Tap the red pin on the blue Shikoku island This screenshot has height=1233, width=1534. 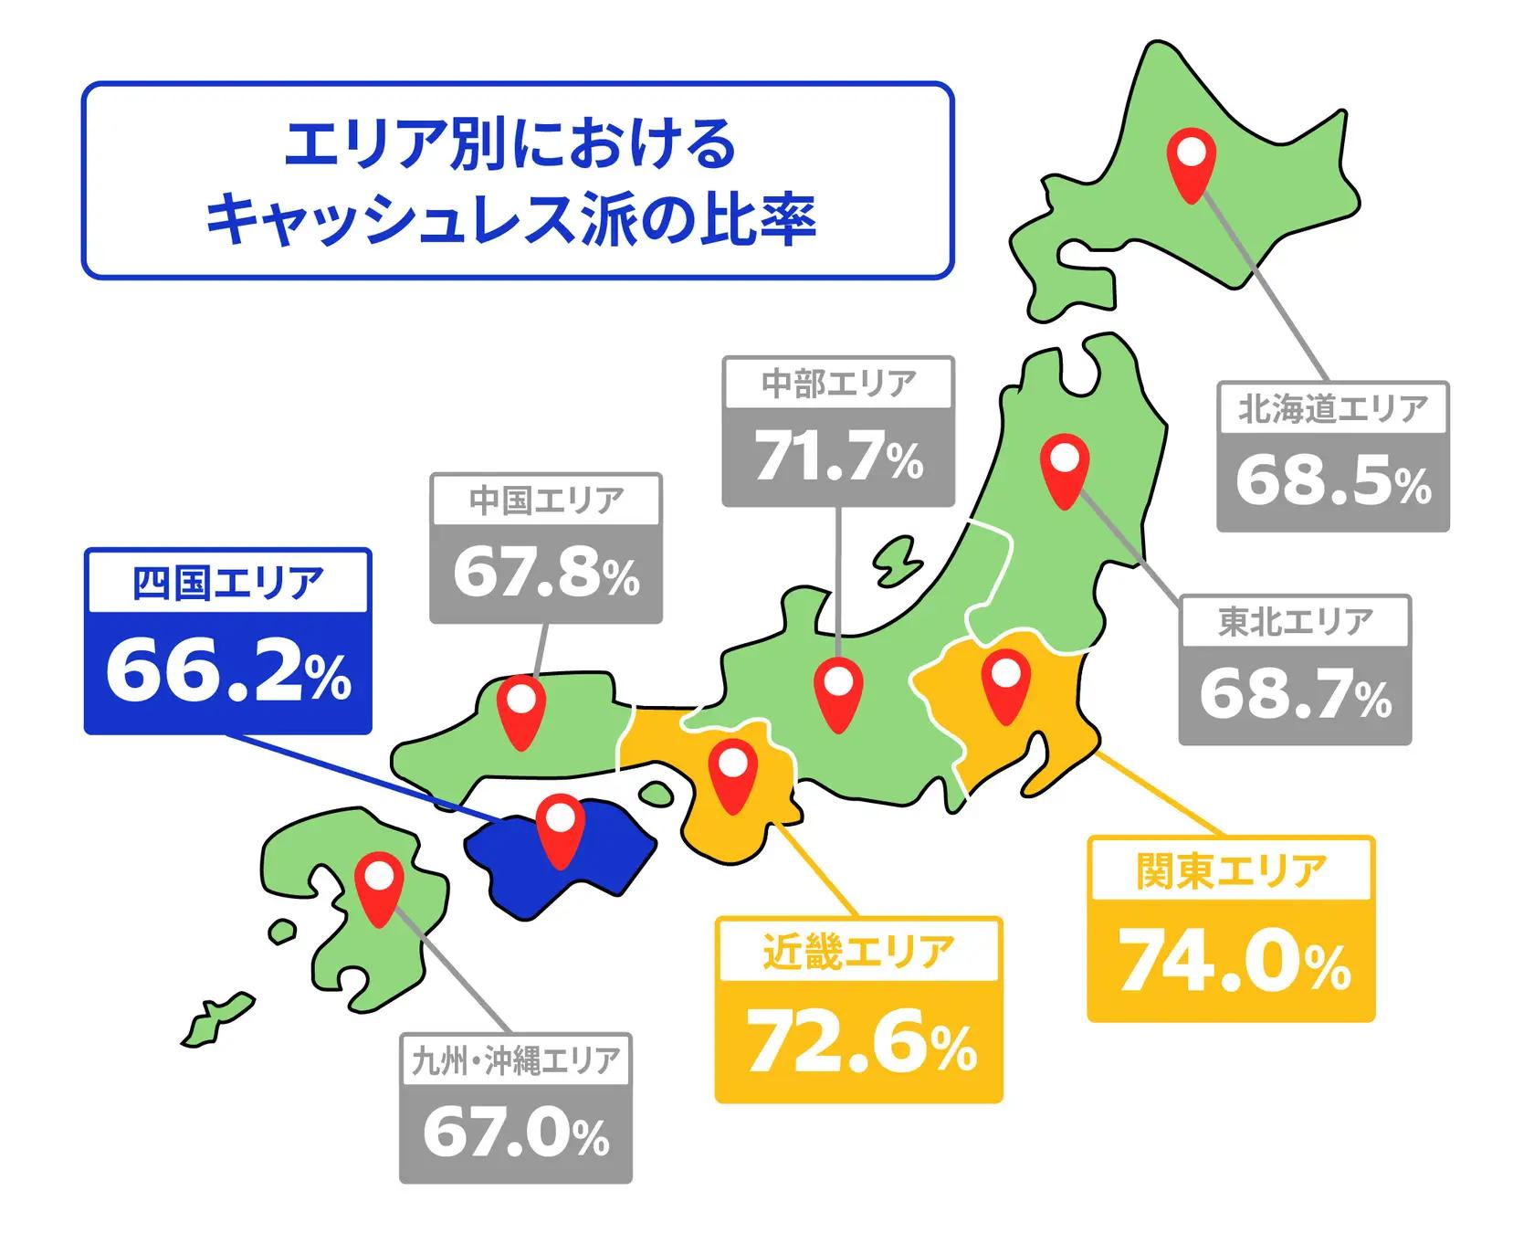(560, 829)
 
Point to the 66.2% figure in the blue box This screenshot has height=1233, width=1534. (228, 674)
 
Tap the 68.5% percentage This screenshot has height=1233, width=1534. (1333, 481)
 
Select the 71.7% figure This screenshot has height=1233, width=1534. (838, 457)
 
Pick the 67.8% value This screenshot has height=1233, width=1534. (546, 574)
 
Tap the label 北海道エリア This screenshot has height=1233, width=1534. (1332, 408)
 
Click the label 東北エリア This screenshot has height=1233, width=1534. (1295, 621)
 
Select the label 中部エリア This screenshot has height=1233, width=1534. (838, 384)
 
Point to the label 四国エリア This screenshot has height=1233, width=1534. (228, 583)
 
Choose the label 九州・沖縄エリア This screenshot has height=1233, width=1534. (516, 1060)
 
